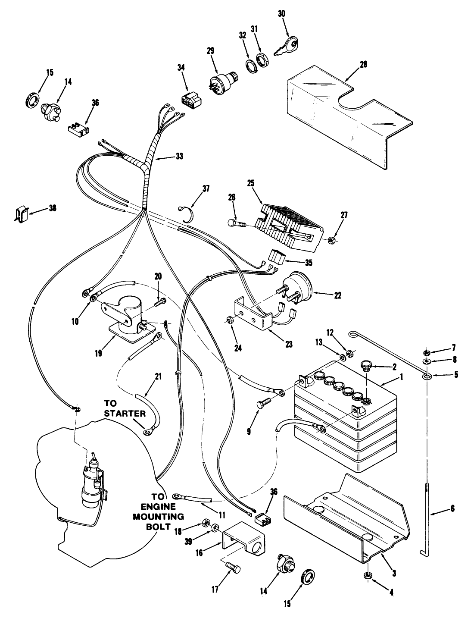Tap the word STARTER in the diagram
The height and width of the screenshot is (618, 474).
click(124, 414)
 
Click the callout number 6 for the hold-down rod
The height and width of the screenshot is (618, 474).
click(452, 508)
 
